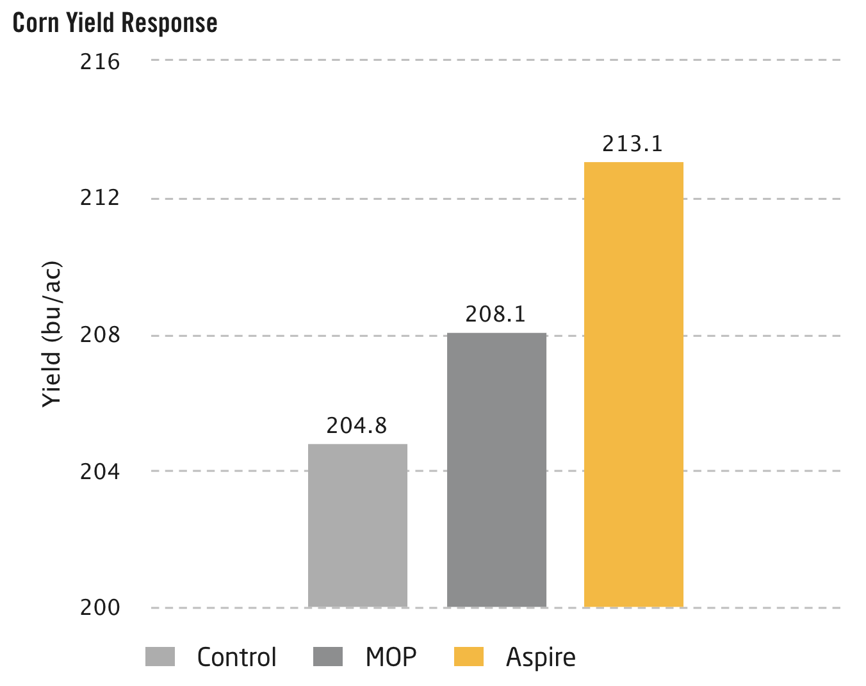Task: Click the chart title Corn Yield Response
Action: point(115,23)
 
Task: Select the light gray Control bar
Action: point(357,525)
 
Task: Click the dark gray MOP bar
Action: point(496,470)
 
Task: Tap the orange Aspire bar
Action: point(633,384)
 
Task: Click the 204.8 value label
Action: point(357,426)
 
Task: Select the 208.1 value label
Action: point(495,314)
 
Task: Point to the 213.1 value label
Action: point(632,144)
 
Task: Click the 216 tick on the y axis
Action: point(100,62)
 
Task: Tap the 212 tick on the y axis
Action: point(100,198)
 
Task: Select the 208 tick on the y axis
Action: point(100,335)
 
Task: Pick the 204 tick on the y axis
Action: point(100,471)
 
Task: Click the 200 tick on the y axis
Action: point(100,607)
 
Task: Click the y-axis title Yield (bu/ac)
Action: point(51,334)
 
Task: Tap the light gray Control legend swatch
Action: point(160,657)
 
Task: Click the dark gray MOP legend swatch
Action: point(328,657)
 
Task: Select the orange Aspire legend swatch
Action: point(469,657)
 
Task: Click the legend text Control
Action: point(236,657)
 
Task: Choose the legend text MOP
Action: point(391,657)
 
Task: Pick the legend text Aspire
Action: point(541,658)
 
